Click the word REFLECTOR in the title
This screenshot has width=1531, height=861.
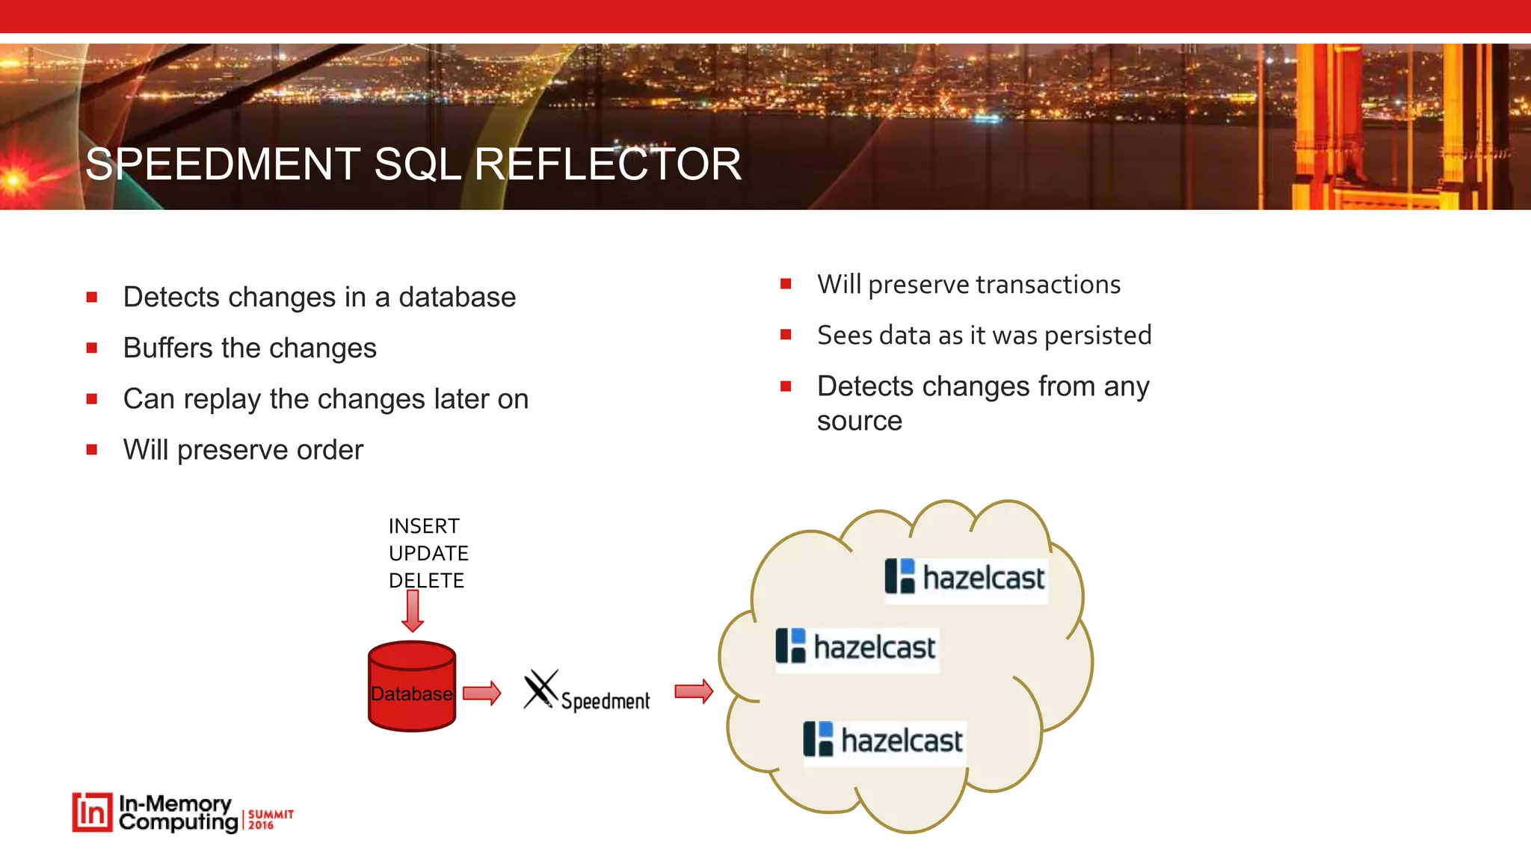608,164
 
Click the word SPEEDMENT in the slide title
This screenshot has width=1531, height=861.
223,164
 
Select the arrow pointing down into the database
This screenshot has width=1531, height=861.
413,610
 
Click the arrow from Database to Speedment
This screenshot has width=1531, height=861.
481,693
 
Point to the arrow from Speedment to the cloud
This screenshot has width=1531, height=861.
694,691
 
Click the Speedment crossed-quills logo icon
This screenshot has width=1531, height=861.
540,689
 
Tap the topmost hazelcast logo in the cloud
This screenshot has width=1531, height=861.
966,578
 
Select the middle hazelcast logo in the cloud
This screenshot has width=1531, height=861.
857,647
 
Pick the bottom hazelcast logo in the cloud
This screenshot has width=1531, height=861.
884,741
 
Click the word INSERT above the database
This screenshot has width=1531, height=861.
424,526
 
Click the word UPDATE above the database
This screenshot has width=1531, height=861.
428,553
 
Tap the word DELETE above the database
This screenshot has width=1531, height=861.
426,581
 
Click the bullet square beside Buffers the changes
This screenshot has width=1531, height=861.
92,348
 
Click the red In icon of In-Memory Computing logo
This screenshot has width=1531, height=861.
93,812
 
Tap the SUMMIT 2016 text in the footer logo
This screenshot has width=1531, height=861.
270,819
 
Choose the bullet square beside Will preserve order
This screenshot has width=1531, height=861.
92,450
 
